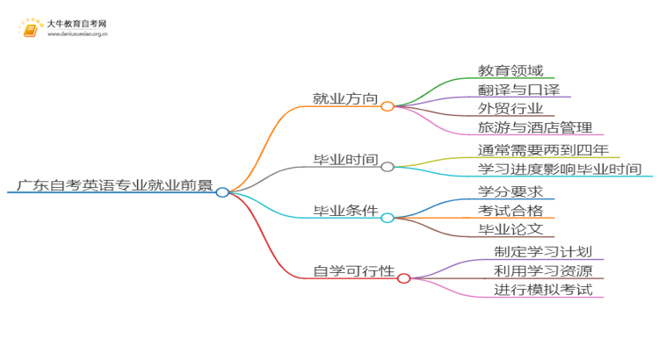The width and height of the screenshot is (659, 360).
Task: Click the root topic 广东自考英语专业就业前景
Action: [x=114, y=185]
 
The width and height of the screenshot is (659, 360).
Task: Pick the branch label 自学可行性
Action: [x=351, y=270]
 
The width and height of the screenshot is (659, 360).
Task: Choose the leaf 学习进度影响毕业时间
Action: [x=560, y=169]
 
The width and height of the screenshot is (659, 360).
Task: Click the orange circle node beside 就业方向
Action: [x=387, y=105]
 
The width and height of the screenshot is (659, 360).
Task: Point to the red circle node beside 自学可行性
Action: [x=403, y=278]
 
